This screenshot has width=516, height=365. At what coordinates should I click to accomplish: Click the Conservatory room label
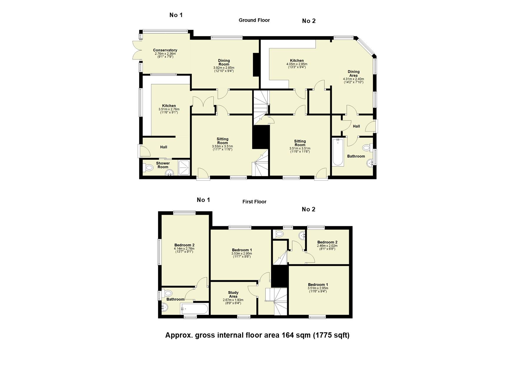point(165,50)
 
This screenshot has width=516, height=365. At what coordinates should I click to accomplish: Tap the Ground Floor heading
point(254,20)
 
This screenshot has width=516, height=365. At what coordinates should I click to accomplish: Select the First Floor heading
point(254,202)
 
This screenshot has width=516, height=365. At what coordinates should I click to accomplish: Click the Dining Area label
point(353,74)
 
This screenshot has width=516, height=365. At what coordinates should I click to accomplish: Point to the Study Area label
point(233,294)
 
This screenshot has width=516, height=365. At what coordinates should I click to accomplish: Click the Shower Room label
point(163,165)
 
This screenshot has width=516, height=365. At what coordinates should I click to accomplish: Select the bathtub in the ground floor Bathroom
point(338,152)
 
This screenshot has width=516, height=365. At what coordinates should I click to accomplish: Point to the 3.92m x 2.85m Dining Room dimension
point(224,68)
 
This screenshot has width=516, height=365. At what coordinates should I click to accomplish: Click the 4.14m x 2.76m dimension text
point(184,249)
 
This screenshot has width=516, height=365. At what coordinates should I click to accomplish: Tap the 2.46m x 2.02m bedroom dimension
point(327,246)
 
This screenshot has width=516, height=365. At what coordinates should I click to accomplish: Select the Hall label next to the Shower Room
point(164,147)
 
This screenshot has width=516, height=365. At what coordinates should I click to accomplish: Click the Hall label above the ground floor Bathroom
point(356,126)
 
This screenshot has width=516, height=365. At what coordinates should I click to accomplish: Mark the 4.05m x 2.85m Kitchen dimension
point(297,64)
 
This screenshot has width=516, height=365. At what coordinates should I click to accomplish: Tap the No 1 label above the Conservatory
point(176,15)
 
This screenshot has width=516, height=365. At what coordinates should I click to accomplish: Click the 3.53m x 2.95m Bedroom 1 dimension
point(242,253)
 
